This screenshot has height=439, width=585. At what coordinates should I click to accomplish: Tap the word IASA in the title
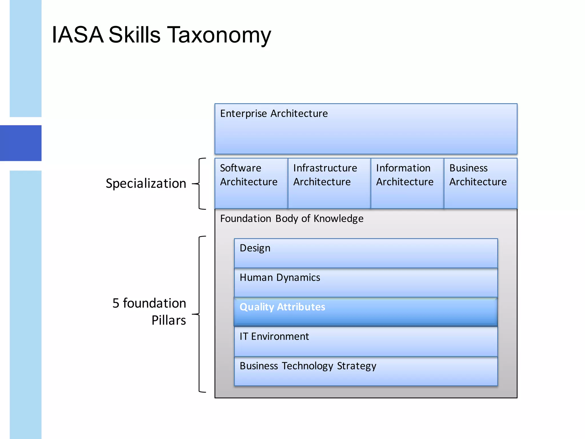pyautogui.click(x=77, y=35)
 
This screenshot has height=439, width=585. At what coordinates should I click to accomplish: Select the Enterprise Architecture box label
pyautogui.click(x=274, y=114)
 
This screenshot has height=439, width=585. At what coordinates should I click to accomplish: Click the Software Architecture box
pyautogui.click(x=251, y=183)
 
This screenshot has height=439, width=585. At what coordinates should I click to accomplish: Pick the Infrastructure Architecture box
pyautogui.click(x=329, y=183)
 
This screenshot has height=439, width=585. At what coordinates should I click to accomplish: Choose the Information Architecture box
pyautogui.click(x=407, y=183)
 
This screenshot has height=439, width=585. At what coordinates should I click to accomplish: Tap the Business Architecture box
pyautogui.click(x=480, y=183)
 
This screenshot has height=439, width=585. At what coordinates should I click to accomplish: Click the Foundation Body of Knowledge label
pyautogui.click(x=292, y=219)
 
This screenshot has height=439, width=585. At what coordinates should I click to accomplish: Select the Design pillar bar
pyautogui.click(x=366, y=253)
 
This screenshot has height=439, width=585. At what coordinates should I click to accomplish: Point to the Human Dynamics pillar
pyautogui.click(x=366, y=283)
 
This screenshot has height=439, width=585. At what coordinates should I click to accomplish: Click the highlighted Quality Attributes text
pyautogui.click(x=282, y=307)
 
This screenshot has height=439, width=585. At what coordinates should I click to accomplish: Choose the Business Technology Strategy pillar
pyautogui.click(x=366, y=371)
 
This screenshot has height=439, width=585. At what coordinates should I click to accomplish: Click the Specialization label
pyautogui.click(x=146, y=183)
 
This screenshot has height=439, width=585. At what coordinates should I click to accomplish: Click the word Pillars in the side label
pyautogui.click(x=169, y=320)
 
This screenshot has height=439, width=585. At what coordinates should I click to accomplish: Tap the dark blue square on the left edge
pyautogui.click(x=21, y=143)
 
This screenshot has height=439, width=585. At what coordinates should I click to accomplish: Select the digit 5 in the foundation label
pyautogui.click(x=116, y=303)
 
